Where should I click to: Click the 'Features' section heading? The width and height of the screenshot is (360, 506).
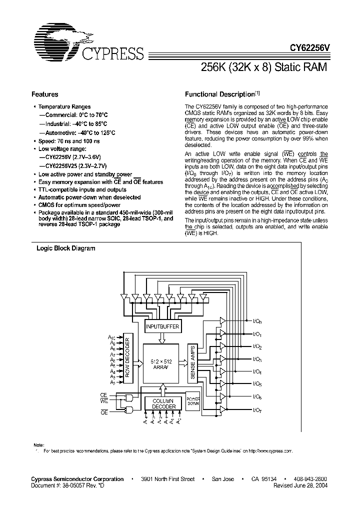pos(44,94)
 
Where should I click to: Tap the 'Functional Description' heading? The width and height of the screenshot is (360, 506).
pos(219,94)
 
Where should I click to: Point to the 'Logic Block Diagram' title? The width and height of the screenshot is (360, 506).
pos(65,248)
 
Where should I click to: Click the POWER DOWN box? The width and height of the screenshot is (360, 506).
pos(192,400)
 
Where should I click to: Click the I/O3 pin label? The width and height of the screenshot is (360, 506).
pos(257,359)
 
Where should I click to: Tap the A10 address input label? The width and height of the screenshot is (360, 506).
pos(112,338)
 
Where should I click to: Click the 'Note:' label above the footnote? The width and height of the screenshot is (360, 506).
pos(38,445)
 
